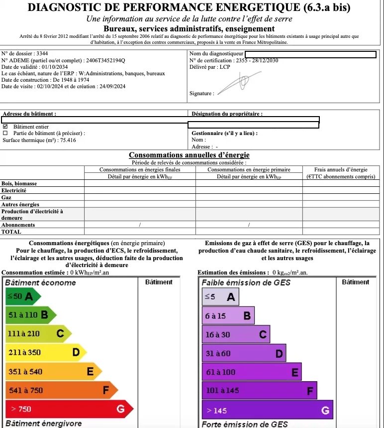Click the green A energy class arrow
[23, 297]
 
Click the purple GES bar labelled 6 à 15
[228, 315]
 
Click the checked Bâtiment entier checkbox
[5, 127]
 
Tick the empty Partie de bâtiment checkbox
[5, 133]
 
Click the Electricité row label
[14, 190]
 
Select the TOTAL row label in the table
[11, 232]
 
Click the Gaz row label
[6, 197]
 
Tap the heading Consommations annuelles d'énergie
[189, 155]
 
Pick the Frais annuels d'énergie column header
[341, 169]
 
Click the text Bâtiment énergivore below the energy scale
[43, 424]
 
